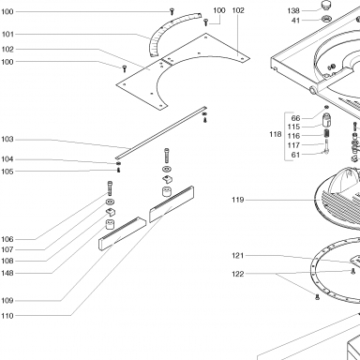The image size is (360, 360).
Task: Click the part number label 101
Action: click(x=7, y=34)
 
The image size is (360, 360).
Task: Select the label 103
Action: click(x=7, y=139)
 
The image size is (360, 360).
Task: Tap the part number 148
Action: click(x=7, y=273)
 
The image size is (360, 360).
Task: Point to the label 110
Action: click(x=7, y=316)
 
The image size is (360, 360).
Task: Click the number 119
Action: click(x=238, y=200)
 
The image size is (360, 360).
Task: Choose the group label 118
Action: click(x=276, y=134)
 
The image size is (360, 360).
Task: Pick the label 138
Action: click(x=293, y=11)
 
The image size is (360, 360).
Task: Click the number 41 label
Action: click(x=295, y=21)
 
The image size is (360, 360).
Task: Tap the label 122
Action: click(x=238, y=274)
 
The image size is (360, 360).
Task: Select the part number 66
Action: click(x=295, y=118)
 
